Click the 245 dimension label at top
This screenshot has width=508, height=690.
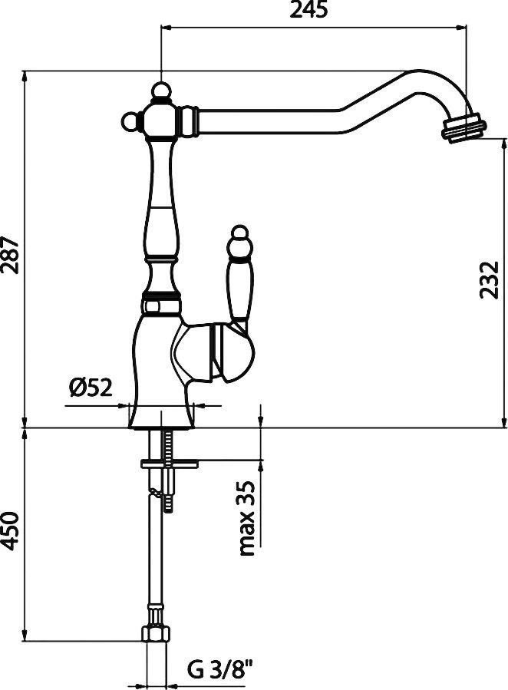[x=308, y=10]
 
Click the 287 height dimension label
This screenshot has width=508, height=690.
[x=11, y=256]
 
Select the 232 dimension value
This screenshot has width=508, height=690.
[x=490, y=280]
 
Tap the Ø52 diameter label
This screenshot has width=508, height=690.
[x=91, y=388]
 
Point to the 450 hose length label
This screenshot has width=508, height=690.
[x=11, y=532]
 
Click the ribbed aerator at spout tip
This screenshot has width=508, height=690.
[x=463, y=127]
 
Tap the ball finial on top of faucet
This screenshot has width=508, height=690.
[x=161, y=91]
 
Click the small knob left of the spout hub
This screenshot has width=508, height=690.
[x=130, y=121]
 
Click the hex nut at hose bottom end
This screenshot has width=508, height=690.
[x=155, y=634]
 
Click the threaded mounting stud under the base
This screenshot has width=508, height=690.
[x=169, y=470]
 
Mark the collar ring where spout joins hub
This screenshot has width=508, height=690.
[x=188, y=121]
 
